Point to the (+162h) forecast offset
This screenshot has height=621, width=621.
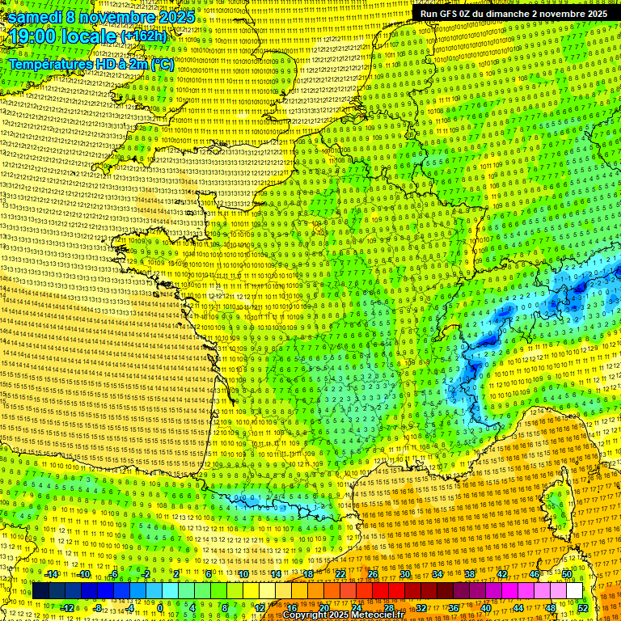click(x=143, y=36)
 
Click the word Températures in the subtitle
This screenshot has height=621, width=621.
click(x=50, y=65)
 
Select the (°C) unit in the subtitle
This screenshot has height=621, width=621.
click(x=161, y=65)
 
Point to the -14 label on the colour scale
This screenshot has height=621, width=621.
click(x=51, y=574)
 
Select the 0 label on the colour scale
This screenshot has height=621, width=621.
click(x=160, y=608)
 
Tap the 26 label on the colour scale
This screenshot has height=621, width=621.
click(x=372, y=574)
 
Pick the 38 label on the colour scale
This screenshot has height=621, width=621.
click(x=469, y=574)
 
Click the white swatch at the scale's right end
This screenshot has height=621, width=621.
click(x=574, y=591)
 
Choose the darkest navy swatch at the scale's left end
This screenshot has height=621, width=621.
click(x=40, y=591)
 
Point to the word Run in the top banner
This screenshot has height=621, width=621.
click(x=429, y=14)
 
